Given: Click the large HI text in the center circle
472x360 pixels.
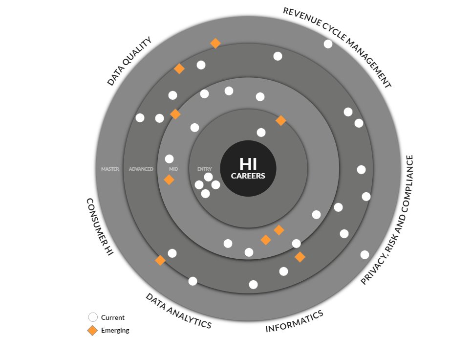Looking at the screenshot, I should point(248,164).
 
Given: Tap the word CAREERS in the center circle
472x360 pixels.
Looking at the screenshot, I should point(248,176).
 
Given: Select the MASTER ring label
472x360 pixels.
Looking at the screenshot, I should point(110,169).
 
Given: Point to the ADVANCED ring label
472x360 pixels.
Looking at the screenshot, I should point(141,169).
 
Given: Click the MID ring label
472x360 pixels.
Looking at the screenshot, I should point(173,169).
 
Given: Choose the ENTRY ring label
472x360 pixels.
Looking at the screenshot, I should point(205,169).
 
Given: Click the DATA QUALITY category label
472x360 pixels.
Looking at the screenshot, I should point(129,61).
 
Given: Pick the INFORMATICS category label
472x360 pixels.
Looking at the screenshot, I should point(294,321).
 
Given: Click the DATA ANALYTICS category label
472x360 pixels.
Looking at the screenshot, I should point(178,311).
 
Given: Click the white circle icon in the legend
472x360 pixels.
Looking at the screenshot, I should point(92,317).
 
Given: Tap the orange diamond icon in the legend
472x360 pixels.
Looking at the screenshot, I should point(92,330).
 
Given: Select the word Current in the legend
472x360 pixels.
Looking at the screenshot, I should point(113,317).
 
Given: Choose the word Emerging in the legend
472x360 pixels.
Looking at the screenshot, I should point(115,330).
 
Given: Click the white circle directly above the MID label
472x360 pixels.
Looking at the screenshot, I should point(170,159).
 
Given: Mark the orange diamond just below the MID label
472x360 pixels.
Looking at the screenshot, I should point(169,180).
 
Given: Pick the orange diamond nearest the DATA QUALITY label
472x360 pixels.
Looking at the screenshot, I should point(179,69).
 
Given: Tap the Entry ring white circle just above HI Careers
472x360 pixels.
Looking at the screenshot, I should point(261,133).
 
